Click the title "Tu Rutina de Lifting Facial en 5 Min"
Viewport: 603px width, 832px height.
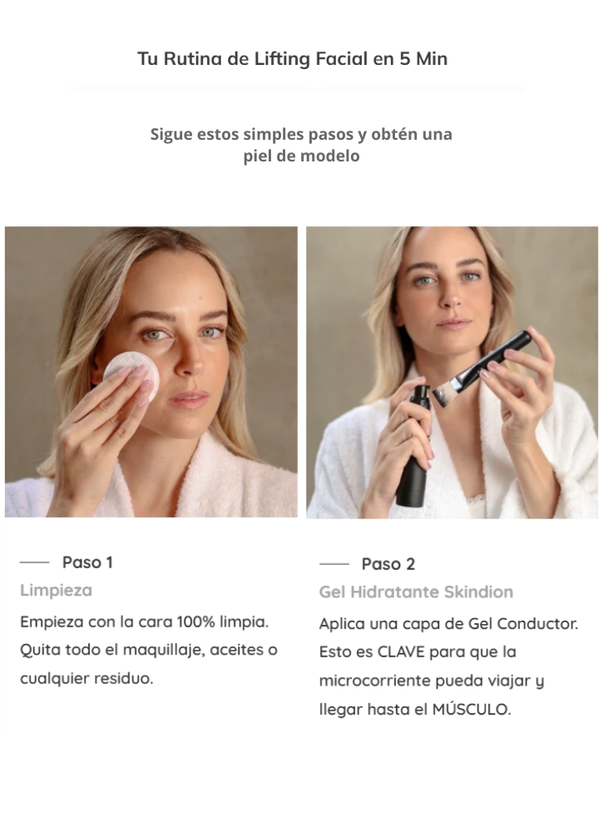pos(292,59)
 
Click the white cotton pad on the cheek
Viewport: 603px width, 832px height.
pos(131,374)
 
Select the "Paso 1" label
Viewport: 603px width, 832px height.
pos(87,562)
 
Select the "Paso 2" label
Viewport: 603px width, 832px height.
pos(388,564)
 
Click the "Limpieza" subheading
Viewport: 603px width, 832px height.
pos(57,590)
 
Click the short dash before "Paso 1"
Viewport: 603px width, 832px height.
pos(34,562)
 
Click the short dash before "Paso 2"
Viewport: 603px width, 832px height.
pos(334,564)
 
